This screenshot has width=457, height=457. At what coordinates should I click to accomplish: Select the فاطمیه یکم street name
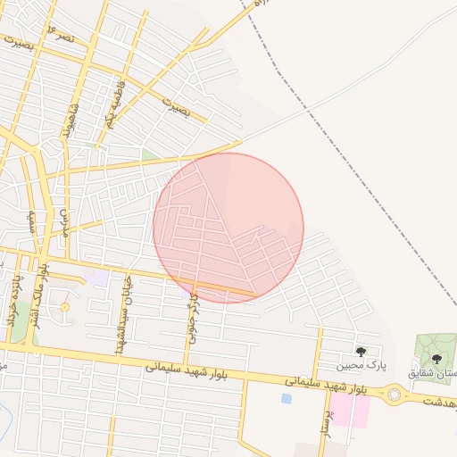110,105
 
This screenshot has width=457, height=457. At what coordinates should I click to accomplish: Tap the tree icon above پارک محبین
361,352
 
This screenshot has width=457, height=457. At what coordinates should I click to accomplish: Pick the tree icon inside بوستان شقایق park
436,359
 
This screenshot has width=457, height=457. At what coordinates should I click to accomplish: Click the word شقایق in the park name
422,372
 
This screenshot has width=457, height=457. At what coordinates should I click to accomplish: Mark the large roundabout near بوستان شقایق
394,394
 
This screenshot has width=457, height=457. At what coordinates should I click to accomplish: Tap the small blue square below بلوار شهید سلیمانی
286,398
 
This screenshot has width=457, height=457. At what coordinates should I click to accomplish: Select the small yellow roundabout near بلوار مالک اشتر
64,308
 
